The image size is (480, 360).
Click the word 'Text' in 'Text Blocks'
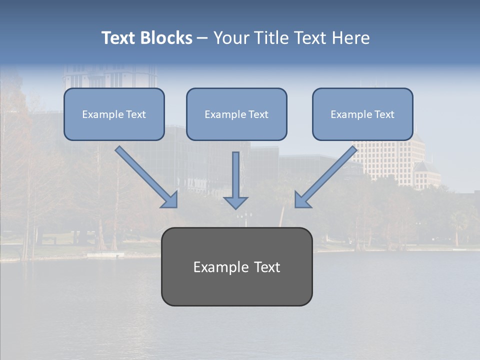click(118, 38)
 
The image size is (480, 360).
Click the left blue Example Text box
click(114, 114)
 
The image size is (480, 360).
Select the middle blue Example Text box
click(236, 114)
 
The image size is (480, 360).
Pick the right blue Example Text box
click(362, 114)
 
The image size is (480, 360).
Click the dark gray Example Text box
click(236, 266)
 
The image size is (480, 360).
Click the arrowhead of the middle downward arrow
click(235, 202)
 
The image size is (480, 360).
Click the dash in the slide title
click(202, 38)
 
